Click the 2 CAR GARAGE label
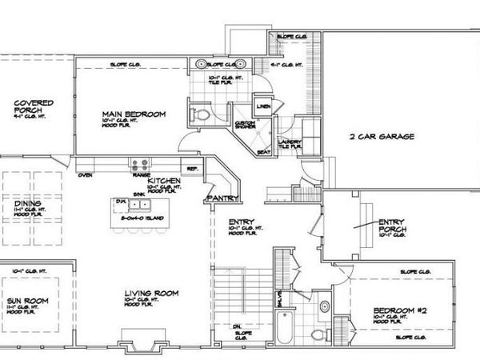(381, 137)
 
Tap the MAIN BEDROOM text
(134, 115)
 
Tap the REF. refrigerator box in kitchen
(192, 169)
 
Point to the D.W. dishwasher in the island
(121, 202)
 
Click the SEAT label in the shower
(262, 152)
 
